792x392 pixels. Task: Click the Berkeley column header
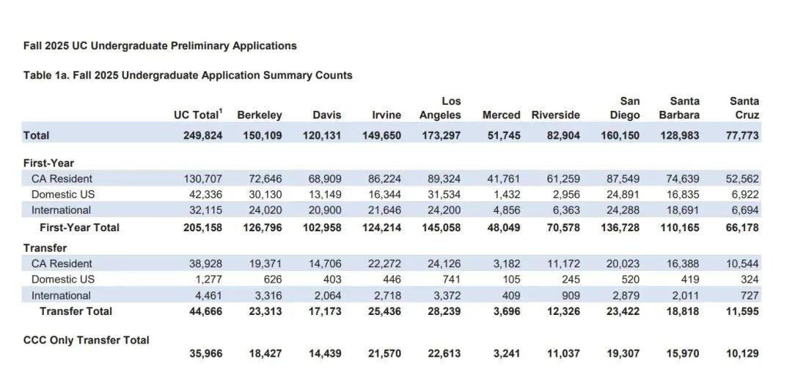tap(260, 115)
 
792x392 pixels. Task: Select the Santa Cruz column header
tap(744, 108)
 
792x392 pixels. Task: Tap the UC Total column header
tap(198, 115)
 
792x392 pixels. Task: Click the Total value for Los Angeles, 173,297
tap(440, 136)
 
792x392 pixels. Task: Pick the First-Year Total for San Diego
tap(620, 228)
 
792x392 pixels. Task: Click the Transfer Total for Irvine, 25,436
tap(382, 311)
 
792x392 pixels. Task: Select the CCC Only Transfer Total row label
tap(87, 340)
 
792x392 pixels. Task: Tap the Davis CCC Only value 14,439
tap(325, 353)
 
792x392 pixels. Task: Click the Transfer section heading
tap(45, 248)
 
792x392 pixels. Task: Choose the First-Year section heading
tap(48, 163)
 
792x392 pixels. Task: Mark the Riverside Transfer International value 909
tap(570, 295)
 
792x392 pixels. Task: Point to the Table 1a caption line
tap(188, 76)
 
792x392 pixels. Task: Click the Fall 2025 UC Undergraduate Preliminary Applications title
tap(160, 46)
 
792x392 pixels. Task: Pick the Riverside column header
tap(556, 115)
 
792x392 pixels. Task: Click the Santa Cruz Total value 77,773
tap(742, 136)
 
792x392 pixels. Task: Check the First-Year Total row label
tap(80, 228)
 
